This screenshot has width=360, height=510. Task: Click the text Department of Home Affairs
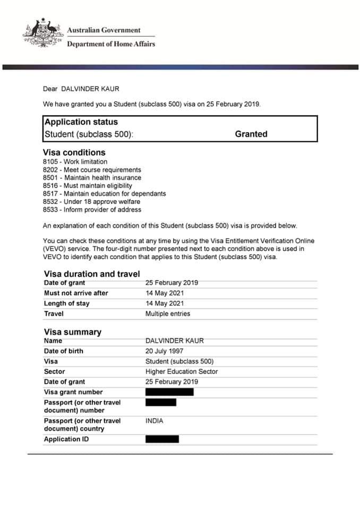(x=111, y=44)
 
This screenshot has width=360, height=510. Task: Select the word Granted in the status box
(x=251, y=134)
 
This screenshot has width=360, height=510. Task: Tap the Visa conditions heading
(x=74, y=152)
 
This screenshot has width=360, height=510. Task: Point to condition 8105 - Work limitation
(x=75, y=161)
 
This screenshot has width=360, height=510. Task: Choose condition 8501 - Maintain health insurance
(x=92, y=178)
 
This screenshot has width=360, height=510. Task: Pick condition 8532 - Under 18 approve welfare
(x=91, y=202)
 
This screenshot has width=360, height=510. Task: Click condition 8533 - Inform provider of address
(x=92, y=210)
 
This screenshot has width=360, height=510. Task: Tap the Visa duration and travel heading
(x=92, y=274)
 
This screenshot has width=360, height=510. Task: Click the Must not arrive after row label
(x=75, y=293)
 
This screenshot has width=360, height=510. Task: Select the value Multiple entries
(x=167, y=314)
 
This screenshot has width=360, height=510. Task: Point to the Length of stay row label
(x=66, y=303)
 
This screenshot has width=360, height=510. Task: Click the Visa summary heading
(x=72, y=332)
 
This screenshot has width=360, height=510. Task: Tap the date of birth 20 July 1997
(x=164, y=351)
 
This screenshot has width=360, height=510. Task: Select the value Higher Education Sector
(x=182, y=372)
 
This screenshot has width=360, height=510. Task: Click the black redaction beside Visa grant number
(x=169, y=392)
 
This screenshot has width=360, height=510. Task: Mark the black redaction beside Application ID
(x=162, y=439)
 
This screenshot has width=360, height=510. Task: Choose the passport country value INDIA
(x=155, y=421)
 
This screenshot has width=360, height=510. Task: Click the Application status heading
(x=81, y=122)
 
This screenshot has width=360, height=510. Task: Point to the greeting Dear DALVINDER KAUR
(x=85, y=89)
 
